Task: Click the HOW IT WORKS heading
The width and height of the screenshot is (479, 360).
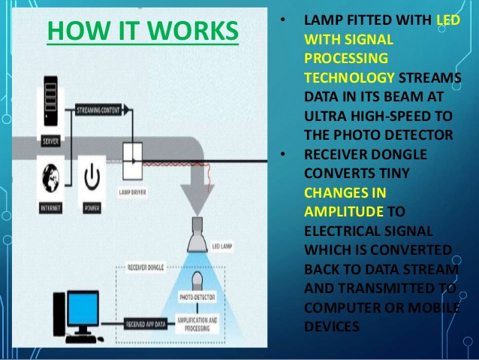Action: click(x=142, y=31)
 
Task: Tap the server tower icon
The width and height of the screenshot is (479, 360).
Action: click(x=51, y=113)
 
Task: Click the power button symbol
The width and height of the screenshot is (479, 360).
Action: click(x=92, y=178)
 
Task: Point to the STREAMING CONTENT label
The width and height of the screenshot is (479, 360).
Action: click(x=101, y=110)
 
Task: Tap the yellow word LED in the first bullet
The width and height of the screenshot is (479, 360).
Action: click(x=447, y=20)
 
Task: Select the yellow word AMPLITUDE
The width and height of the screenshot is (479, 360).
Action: click(x=345, y=211)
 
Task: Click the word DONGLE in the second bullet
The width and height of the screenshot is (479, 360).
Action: click(x=399, y=154)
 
